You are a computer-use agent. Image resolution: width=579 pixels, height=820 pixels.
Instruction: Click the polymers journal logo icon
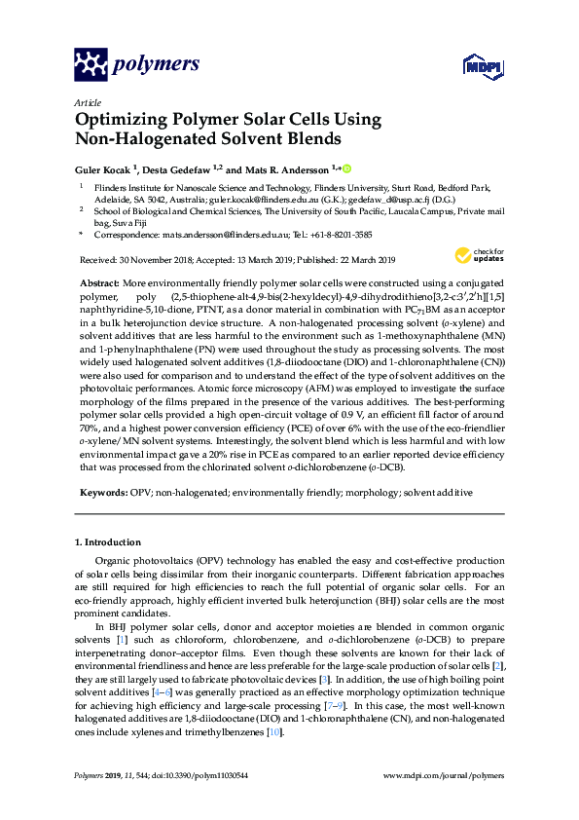90,64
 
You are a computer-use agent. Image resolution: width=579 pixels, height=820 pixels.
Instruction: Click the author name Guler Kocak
101,168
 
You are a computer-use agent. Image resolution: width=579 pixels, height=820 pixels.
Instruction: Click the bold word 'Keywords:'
101,493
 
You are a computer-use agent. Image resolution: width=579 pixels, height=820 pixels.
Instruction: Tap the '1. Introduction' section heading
107,541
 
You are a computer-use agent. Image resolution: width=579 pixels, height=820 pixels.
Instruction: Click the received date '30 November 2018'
154,260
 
